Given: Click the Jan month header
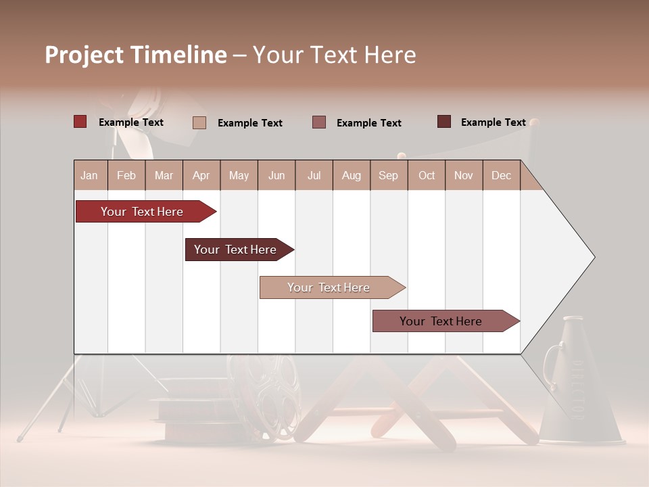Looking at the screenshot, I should tap(89, 176).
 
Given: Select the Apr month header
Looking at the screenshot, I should tap(201, 176).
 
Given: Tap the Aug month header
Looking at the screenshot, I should tap(351, 176).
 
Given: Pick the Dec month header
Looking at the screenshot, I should tap(501, 176).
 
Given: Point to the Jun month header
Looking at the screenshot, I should tap(276, 176).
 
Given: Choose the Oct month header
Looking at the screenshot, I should tap(426, 176).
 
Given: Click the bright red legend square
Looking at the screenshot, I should tap(80, 122).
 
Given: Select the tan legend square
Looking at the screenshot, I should tap(199, 122).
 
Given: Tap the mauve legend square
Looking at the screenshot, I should tap(319, 122).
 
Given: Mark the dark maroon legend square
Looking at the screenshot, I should tap(444, 122).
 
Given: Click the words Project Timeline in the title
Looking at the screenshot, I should tap(135, 55).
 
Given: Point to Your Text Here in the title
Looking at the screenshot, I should tap(334, 55).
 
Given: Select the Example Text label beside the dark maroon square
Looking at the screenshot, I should tap(493, 122).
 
